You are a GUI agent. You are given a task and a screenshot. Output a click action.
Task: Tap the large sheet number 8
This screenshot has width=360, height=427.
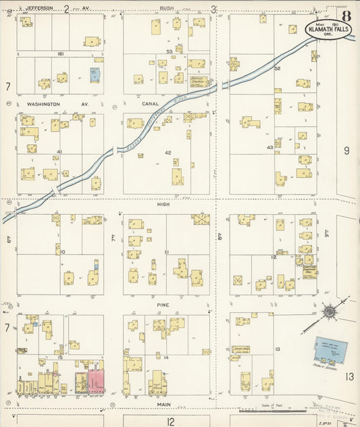(346, 16)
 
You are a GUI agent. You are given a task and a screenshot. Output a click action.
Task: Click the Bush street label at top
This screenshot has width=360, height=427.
(166, 9)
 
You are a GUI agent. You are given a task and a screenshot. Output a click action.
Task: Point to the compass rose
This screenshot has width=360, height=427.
(328, 312)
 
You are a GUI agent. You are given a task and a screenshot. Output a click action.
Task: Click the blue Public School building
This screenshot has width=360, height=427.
(330, 350)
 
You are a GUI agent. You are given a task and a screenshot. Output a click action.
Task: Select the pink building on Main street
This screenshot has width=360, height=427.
(96, 382)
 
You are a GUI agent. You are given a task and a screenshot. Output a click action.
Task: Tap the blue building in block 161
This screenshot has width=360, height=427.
(95, 74)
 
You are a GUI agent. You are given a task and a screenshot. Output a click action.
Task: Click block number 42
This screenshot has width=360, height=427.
(168, 153)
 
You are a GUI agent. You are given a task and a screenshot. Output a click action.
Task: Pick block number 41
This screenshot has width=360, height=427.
(59, 152)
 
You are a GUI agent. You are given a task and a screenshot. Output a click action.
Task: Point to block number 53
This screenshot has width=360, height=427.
(169, 51)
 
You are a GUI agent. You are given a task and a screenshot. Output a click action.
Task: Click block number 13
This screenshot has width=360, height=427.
(278, 349)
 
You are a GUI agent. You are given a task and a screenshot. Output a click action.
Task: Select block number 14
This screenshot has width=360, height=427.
(165, 357)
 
